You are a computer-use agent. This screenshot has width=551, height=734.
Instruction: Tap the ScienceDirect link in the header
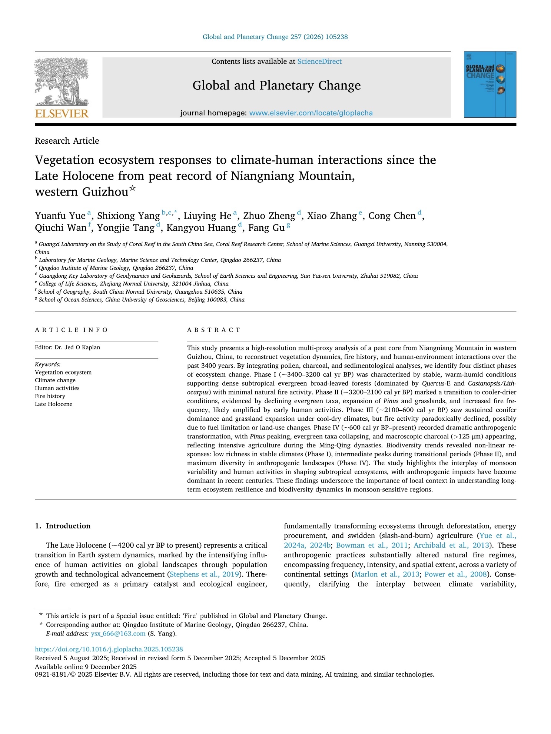pyautogui.click(x=319, y=61)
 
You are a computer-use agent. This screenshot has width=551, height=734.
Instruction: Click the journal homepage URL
pyautogui.click(x=311, y=113)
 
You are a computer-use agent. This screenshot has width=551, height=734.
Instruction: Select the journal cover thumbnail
pyautogui.click(x=489, y=84)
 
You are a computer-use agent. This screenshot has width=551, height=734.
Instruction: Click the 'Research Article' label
pyautogui.click(x=67, y=141)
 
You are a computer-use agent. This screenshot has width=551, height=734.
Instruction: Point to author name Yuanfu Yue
pyautogui.click(x=60, y=216)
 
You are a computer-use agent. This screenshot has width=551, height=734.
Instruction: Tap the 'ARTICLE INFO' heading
pyautogui.click(x=71, y=330)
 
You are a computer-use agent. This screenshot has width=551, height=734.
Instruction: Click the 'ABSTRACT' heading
pyautogui.click(x=214, y=330)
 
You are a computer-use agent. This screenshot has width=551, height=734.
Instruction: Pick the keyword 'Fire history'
pyautogui.click(x=50, y=396)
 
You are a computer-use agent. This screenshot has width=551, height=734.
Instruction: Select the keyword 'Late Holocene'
pyautogui.click(x=54, y=404)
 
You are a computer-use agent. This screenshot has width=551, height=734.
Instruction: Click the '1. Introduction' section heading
pyautogui.click(x=63, y=526)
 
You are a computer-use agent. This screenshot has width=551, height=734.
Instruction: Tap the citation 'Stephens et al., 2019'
pyautogui.click(x=204, y=574)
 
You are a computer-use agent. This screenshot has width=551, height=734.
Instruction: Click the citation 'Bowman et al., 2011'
pyautogui.click(x=372, y=545)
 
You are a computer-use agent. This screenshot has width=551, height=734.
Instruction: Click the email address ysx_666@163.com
pyautogui.click(x=118, y=634)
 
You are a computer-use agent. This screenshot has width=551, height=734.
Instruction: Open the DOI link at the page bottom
pyautogui.click(x=109, y=649)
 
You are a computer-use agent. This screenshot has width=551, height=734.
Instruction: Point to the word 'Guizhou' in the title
pyautogui.click(x=105, y=192)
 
